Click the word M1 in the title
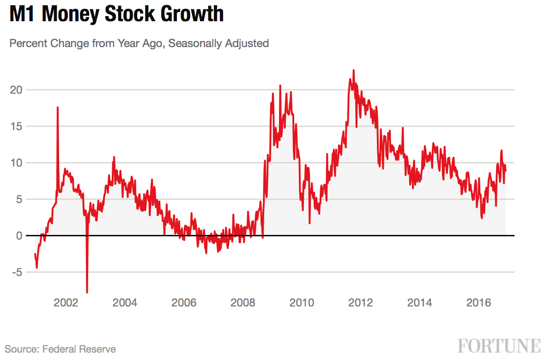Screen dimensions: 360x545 click(23, 14)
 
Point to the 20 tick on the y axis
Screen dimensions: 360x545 click(17, 90)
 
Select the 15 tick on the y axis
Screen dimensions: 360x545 click(17, 126)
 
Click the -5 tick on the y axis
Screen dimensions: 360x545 click(17, 272)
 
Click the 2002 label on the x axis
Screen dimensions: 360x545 click(66, 303)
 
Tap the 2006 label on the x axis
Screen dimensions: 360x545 click(184, 303)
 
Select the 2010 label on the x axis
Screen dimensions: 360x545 click(302, 303)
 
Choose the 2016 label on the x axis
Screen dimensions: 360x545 click(478, 303)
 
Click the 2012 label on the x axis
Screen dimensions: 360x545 click(360, 303)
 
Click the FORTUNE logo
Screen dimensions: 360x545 click(499, 346)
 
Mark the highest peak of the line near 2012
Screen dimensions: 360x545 click(354, 70)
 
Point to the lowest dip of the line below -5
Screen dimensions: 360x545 click(87, 292)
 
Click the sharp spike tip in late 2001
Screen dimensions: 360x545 click(58, 108)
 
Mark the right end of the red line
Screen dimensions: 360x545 click(506, 171)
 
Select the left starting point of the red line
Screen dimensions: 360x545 click(35, 254)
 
